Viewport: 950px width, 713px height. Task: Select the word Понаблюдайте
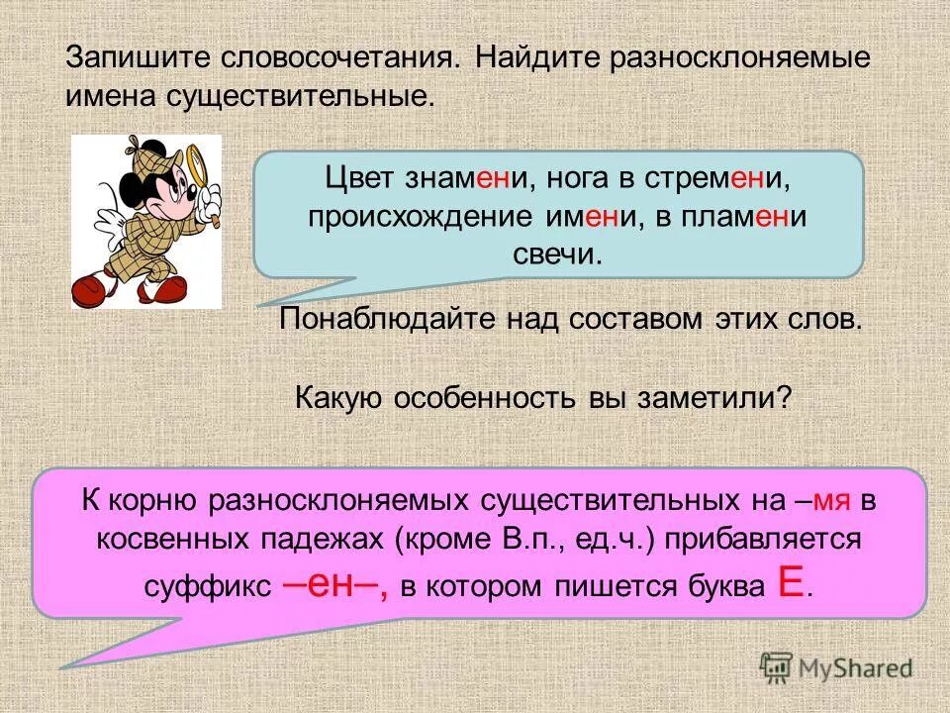pos(377,320)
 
